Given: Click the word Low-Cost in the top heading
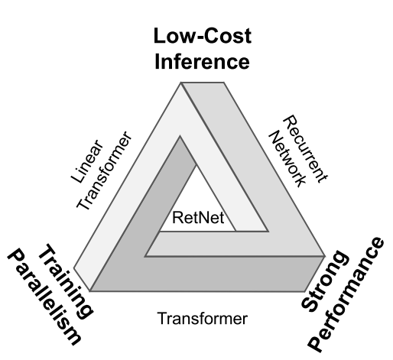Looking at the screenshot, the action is tap(203, 36).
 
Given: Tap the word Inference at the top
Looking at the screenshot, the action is tap(202, 62).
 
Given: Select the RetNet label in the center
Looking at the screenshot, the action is tap(198, 218).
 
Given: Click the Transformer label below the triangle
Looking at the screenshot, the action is tap(203, 318).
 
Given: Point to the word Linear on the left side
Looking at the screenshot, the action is tap(87, 161).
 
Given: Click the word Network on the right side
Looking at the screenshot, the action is tap(287, 159).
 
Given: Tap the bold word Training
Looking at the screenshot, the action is tap(66, 281).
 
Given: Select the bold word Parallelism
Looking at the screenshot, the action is tap(44, 297).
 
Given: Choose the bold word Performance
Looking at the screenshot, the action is tap(346, 295).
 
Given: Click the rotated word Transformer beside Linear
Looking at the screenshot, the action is tap(105, 170).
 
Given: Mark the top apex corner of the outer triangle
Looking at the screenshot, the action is tap(181, 83).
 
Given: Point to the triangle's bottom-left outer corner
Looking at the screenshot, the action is tap(89, 290).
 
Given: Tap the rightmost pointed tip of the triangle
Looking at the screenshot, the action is tap(326, 256).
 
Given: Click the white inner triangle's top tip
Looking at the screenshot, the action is tap(196, 165).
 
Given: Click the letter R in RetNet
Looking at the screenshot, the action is tap(177, 218).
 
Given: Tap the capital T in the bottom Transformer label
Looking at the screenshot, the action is tap(162, 318).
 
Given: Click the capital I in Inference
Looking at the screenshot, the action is tap(157, 62).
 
